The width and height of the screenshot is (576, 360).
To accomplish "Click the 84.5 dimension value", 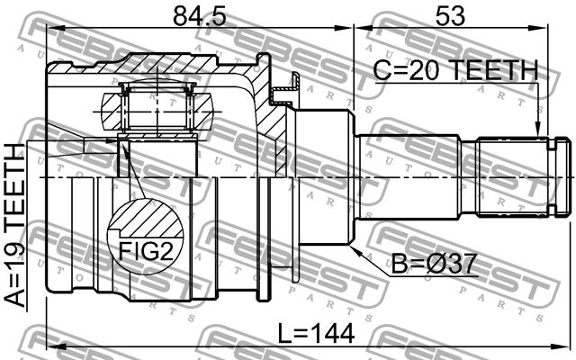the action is (200, 15).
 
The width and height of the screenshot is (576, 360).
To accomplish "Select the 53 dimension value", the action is (450, 15).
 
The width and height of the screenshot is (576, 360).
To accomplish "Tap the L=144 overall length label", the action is (316, 334).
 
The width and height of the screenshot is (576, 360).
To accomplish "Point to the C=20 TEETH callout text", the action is (455, 70).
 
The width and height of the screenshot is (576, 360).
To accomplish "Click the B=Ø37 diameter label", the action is (434, 264).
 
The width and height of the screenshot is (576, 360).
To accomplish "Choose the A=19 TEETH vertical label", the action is (14, 225).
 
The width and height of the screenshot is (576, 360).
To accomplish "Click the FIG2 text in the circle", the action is (146, 251).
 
